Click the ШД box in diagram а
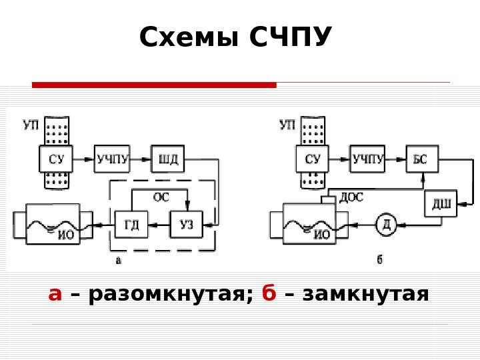pos(167,159)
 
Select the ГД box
pos(131,225)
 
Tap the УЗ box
pos(187,225)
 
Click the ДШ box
pos(440,204)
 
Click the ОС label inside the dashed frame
pos(161,197)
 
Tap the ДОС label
pos(351,197)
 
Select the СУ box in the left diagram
pos(56,159)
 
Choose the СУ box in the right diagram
pos(312,159)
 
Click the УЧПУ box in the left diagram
pos(112,159)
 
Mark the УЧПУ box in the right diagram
pos(368,159)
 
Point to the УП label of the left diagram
pos(31,125)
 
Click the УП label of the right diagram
pos(287,125)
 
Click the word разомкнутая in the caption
pos(167,294)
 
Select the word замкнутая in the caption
pos(364,294)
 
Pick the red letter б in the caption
pos(269,293)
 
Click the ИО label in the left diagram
pos(66,235)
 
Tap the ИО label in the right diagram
pos(322,235)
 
